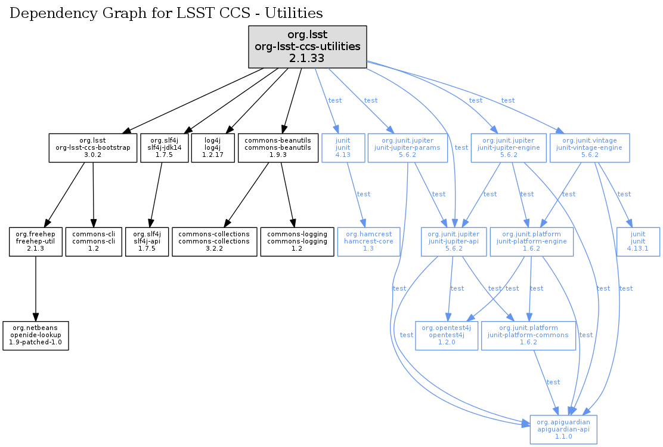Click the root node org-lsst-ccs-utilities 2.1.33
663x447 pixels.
click(x=307, y=46)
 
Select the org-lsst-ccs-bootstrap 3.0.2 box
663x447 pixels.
click(x=92, y=148)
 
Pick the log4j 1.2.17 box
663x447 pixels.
click(x=212, y=148)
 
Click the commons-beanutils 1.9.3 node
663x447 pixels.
click(x=278, y=148)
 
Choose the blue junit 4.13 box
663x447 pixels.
click(x=342, y=148)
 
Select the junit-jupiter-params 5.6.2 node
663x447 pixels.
click(x=408, y=148)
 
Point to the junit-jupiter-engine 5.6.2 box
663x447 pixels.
click(x=509, y=148)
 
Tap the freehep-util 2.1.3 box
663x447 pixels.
click(x=36, y=241)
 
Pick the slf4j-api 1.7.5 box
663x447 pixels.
click(x=147, y=241)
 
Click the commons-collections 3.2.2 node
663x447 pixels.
click(x=214, y=241)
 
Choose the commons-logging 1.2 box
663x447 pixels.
click(x=297, y=241)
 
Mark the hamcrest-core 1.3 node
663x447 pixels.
click(x=368, y=241)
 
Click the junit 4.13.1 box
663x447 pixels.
click(x=643, y=241)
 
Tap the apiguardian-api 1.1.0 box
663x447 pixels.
click(x=563, y=428)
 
